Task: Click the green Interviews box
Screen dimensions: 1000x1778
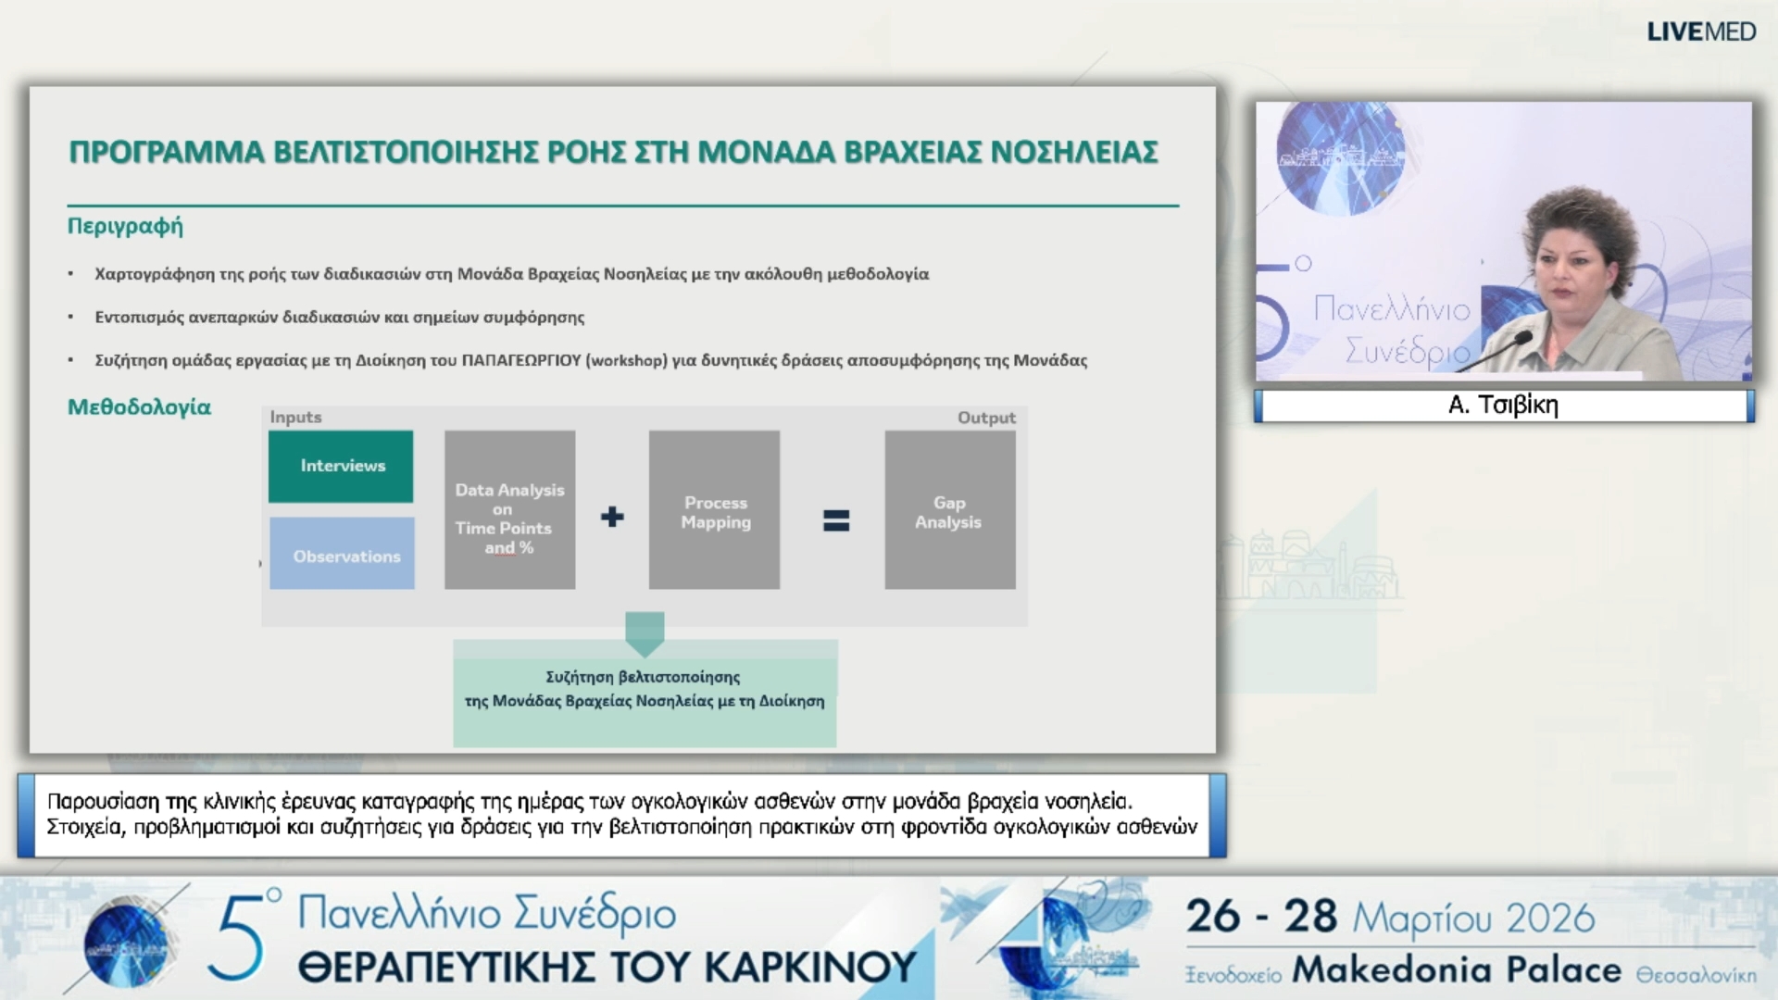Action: point(341,466)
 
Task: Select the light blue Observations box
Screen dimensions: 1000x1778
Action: point(343,554)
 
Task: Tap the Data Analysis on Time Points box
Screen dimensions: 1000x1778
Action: point(509,510)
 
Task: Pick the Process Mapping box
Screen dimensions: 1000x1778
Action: point(714,510)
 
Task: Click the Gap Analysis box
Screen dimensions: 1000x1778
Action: point(949,510)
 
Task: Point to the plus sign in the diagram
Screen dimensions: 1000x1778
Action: point(612,517)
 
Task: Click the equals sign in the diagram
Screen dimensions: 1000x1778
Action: point(836,520)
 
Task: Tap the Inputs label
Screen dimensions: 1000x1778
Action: point(295,418)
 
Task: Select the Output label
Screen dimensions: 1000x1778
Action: point(986,418)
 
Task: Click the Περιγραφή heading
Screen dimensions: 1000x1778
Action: point(125,226)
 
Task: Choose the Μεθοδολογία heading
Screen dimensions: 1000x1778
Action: point(139,407)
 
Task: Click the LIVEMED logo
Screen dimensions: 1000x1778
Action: point(1701,31)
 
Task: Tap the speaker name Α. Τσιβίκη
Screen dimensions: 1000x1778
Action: point(1503,405)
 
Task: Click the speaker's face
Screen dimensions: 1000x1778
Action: point(1570,264)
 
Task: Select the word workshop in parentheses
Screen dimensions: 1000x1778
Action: point(627,360)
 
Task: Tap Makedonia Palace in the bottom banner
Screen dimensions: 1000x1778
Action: point(1457,969)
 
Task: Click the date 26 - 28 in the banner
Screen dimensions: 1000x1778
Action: point(1261,917)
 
